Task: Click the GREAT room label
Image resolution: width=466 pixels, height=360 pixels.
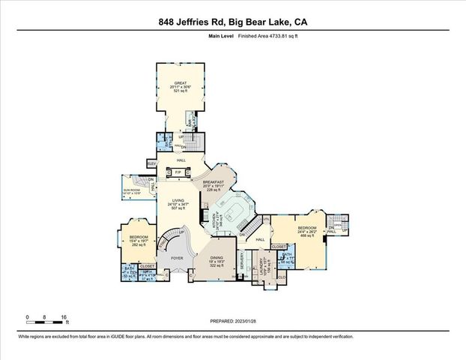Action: coord(181,85)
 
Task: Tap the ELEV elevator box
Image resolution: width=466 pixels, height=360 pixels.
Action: coord(151,163)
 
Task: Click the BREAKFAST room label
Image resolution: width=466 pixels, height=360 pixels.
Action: coord(214,184)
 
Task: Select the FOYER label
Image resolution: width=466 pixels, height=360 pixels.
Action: coord(177,257)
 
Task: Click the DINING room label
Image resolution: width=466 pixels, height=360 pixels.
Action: coord(217,258)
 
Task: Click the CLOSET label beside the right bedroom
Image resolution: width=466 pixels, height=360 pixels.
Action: coord(279,245)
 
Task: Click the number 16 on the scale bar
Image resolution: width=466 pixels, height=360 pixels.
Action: coord(66,317)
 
